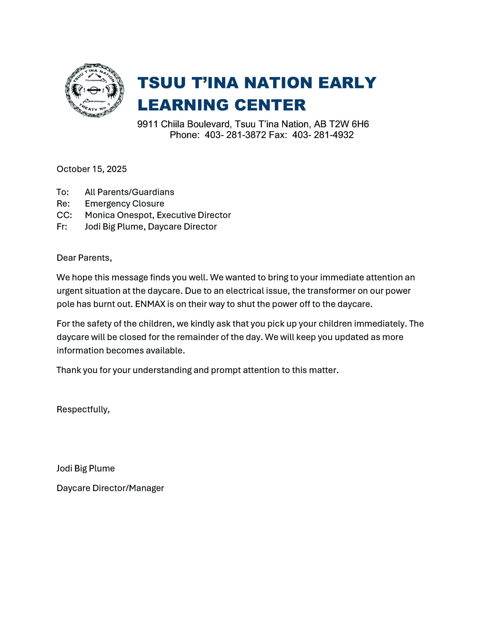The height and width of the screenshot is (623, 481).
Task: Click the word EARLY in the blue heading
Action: coord(347,83)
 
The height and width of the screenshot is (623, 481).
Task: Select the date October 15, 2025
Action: coord(91,169)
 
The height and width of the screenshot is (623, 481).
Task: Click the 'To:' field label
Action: coord(63,192)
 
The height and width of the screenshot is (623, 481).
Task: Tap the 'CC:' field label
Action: coord(64,215)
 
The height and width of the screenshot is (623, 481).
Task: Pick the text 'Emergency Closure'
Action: coord(124,204)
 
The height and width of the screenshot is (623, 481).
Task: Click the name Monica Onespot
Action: coord(119,215)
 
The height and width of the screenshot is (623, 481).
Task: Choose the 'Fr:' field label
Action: coord(62,227)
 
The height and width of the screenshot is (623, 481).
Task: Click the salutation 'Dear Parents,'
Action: coord(84,258)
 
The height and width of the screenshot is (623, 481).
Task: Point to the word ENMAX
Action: coord(150,304)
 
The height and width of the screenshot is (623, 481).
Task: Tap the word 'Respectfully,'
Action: coord(83,409)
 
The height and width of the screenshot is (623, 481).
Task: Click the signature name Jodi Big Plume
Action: coord(86,468)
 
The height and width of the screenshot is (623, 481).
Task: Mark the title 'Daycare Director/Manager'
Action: coord(110,488)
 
